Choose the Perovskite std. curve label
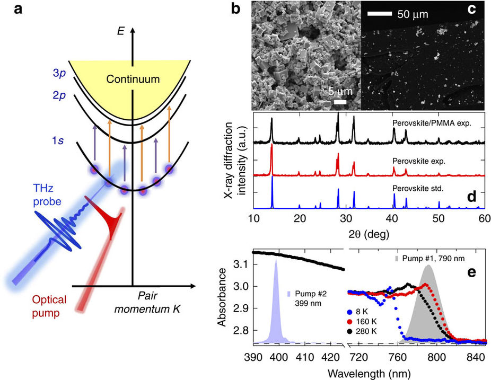(416, 188)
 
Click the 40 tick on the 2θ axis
(392, 219)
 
